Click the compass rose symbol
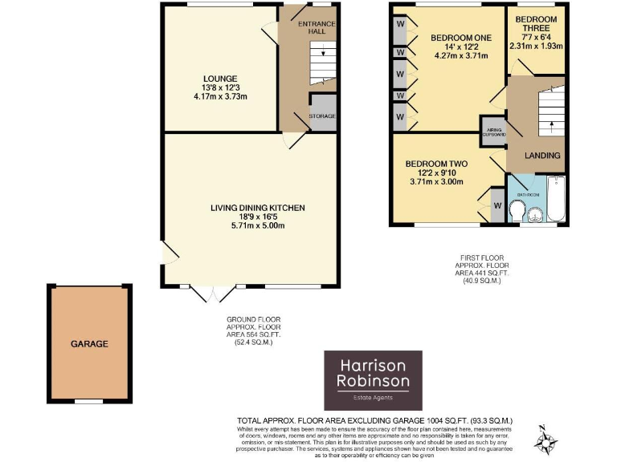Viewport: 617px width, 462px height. [549, 439]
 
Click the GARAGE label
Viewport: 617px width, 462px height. [89, 343]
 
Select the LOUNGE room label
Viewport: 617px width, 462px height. [220, 79]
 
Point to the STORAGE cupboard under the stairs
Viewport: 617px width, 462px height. [323, 115]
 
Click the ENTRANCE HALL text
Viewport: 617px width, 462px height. [317, 28]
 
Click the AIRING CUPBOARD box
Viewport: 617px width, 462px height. [493, 132]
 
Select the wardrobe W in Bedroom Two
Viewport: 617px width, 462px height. [497, 206]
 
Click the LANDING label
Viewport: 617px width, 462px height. [542, 155]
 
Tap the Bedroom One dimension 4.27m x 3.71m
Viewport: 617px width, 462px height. [460, 56]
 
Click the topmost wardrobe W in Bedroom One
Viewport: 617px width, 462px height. [400, 24]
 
